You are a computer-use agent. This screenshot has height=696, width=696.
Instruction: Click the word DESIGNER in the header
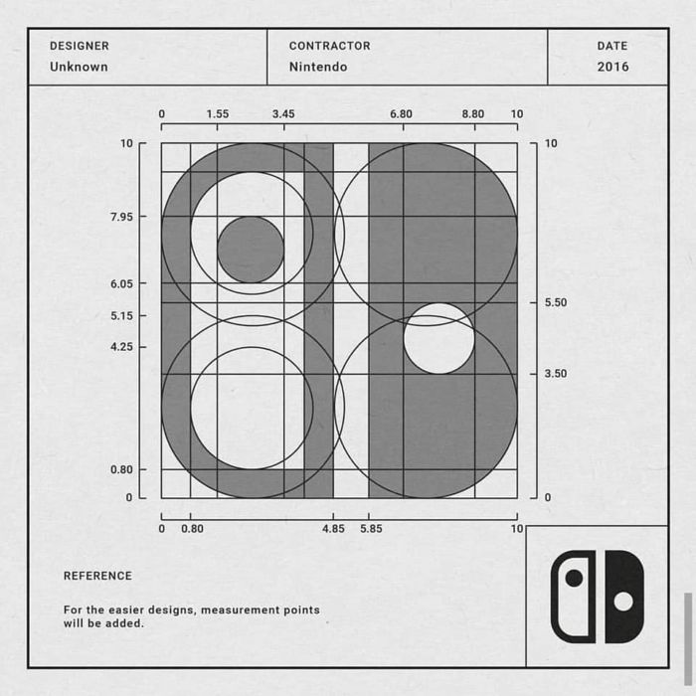coord(80,46)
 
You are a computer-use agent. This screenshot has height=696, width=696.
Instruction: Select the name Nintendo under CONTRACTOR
coord(318,67)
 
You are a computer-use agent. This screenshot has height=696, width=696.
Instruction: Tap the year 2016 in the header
coord(613,67)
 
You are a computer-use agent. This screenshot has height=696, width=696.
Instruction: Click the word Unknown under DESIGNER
coord(79,67)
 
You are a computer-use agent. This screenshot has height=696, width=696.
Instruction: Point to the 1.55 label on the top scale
coord(218,114)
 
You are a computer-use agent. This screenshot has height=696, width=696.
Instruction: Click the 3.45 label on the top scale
coord(283,114)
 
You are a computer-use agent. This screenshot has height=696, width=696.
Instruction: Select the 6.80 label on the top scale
coord(402,114)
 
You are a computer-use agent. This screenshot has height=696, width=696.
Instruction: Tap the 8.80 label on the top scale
coord(473,114)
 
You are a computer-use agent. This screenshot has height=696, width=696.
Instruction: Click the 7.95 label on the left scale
coord(121,217)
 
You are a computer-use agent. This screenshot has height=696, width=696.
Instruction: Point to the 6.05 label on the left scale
coord(121,283)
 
